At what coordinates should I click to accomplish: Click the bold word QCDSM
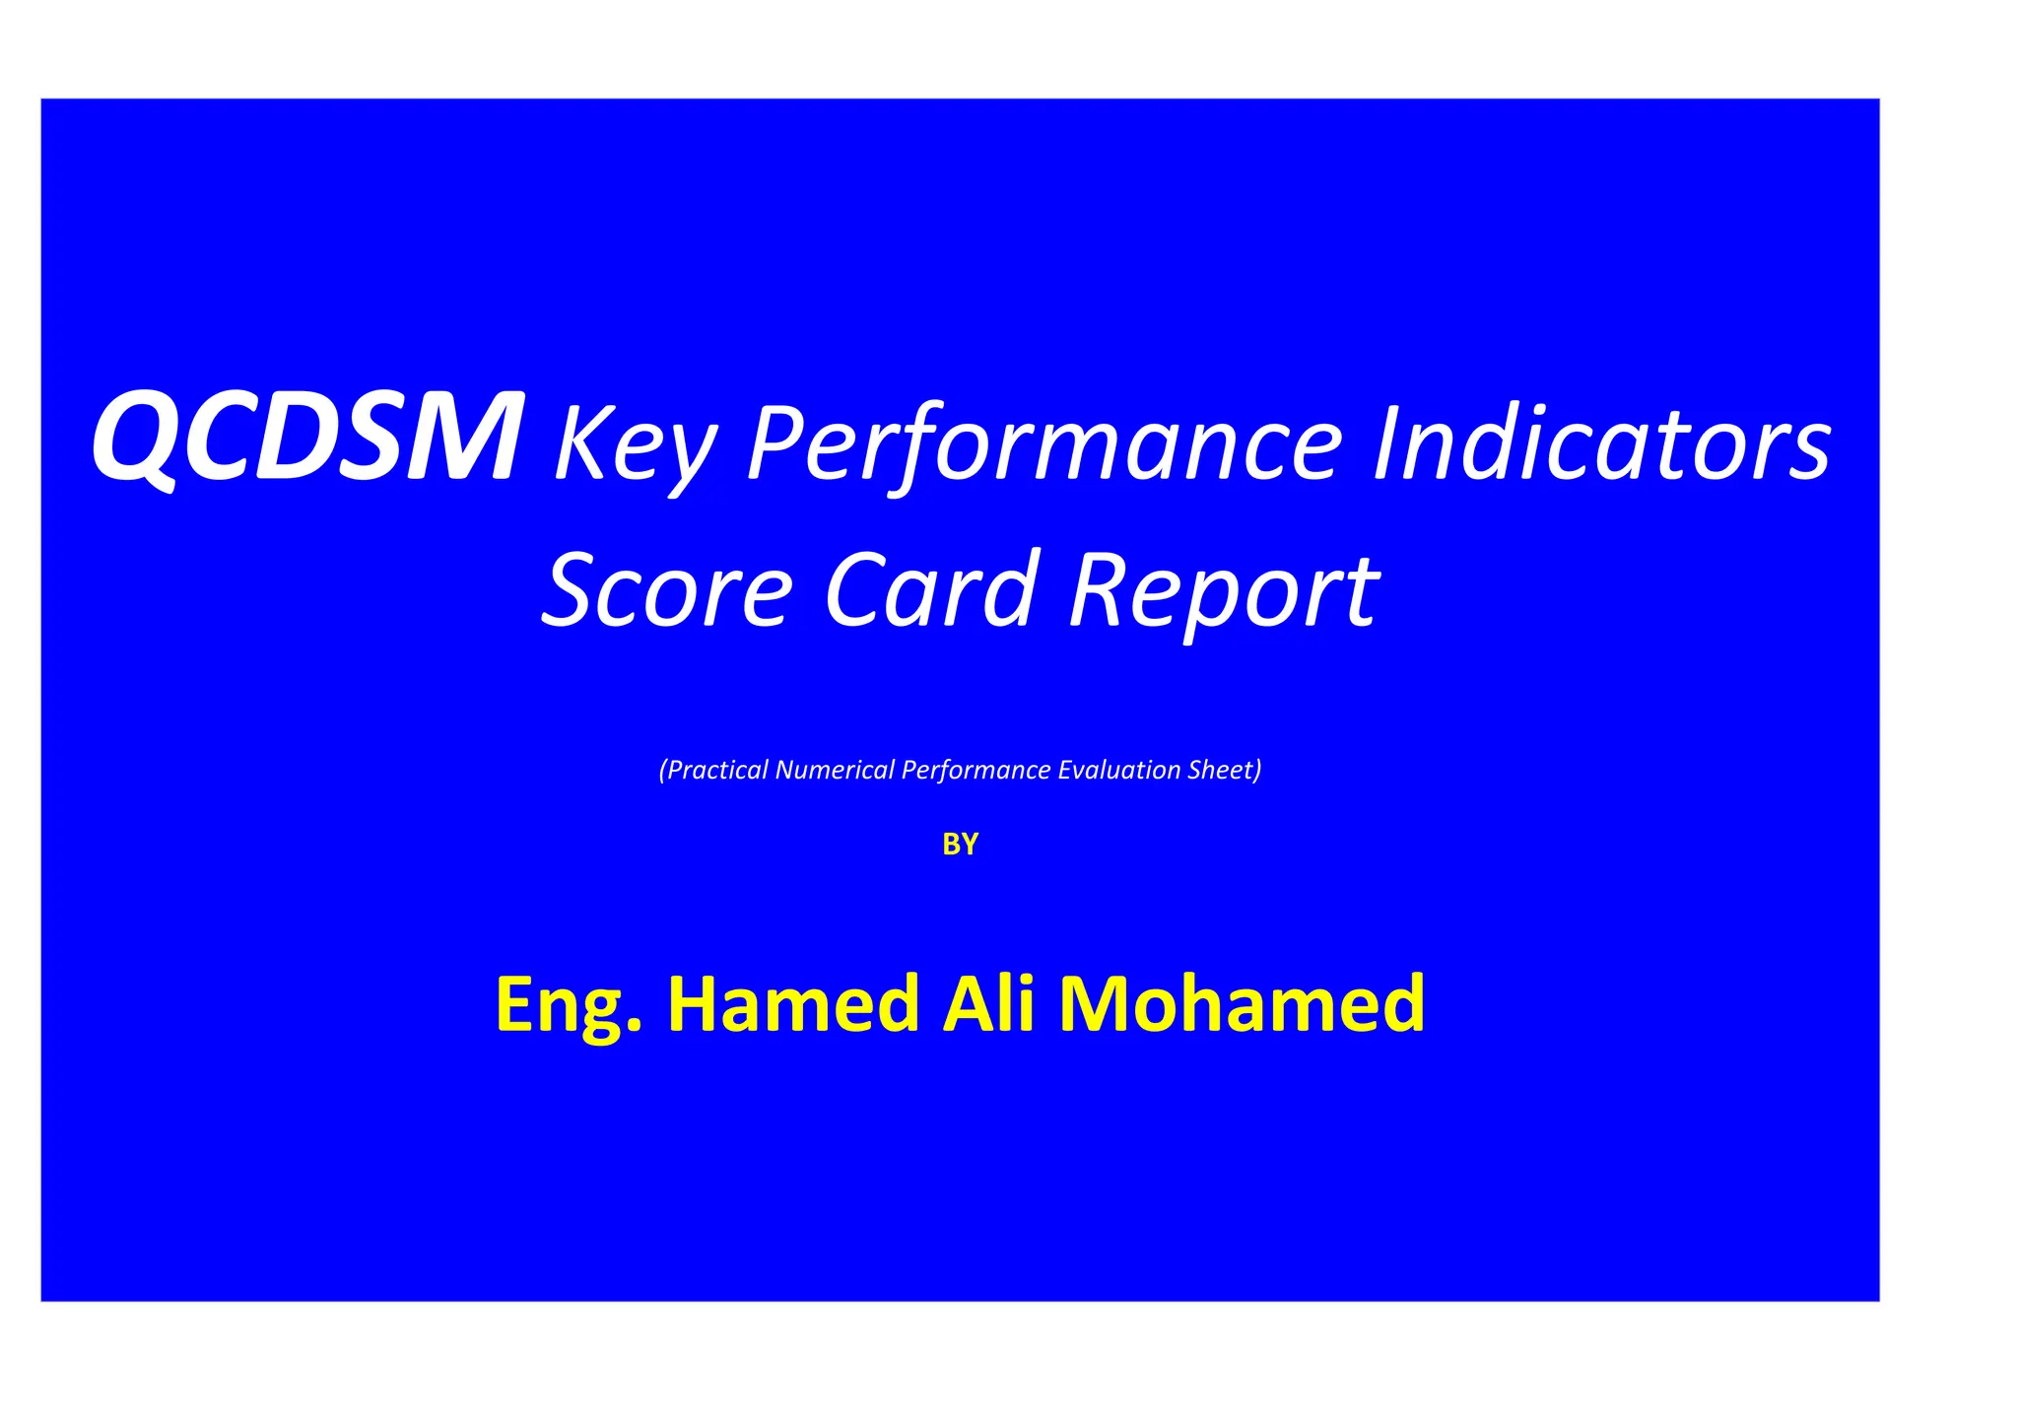(305, 436)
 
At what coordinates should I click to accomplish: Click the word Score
(667, 590)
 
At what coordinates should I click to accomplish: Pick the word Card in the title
(931, 590)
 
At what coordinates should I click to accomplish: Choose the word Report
(1225, 592)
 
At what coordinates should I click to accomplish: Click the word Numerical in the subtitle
(835, 770)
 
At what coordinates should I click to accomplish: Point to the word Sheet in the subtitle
(1223, 770)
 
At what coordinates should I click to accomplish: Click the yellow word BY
(960, 845)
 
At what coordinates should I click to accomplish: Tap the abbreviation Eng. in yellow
(569, 1005)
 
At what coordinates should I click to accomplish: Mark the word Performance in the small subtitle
(975, 770)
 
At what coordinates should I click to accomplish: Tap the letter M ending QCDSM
(462, 436)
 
